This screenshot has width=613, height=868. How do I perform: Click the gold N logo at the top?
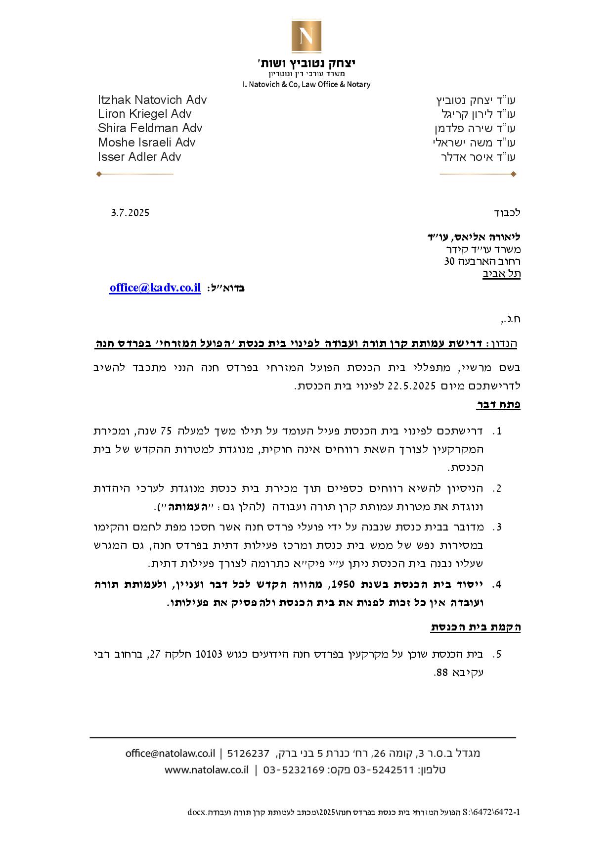pos(306,36)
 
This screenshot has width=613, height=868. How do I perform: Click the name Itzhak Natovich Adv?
pos(152,100)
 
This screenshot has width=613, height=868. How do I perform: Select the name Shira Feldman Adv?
pos(150,128)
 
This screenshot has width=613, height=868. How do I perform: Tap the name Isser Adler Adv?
pos(139,157)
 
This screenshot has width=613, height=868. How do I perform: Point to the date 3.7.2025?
pos(130,213)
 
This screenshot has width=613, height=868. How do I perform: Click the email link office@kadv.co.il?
pos(155,288)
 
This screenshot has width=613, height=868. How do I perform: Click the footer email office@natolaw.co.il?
pos(170,753)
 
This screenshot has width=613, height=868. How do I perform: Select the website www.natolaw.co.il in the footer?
pos(206,770)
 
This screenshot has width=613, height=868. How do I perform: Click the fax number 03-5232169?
pos(294,770)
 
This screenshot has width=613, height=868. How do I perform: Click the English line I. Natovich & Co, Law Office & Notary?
pos(306,85)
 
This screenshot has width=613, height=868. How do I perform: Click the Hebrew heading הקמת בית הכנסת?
pos(476,627)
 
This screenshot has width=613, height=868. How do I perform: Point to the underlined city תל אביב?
pos(501,274)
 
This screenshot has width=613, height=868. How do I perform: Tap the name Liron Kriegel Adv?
pos(144,114)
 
